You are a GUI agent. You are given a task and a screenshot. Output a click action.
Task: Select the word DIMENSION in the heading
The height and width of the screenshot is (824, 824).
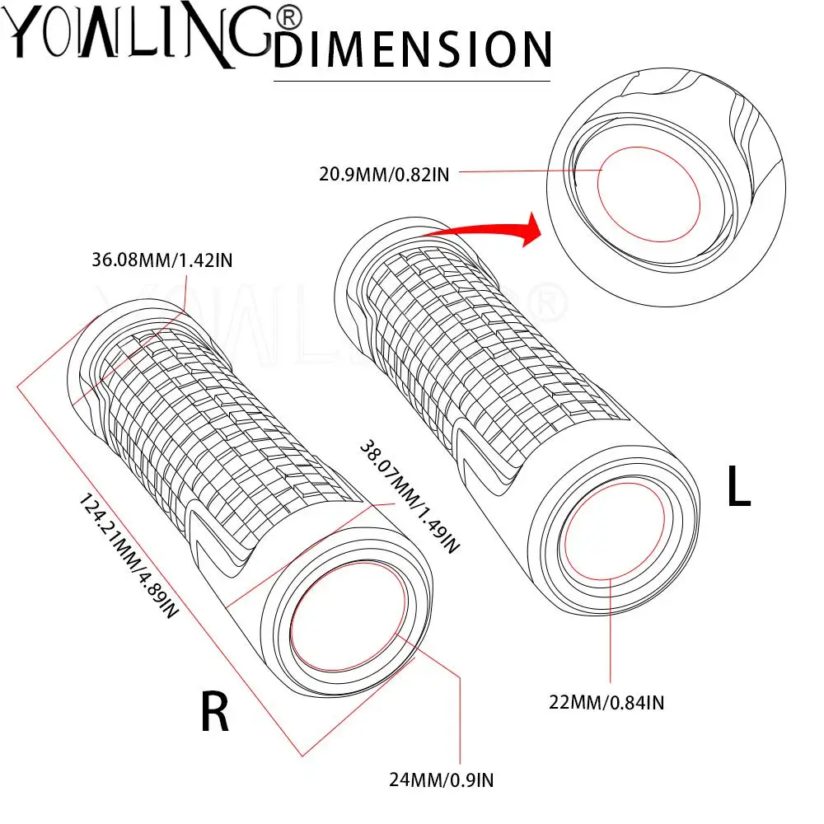coord(412,48)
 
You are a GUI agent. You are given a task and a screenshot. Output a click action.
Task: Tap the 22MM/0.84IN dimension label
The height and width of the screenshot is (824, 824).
coord(607,703)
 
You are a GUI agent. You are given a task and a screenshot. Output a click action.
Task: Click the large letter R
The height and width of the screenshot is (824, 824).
coord(215,712)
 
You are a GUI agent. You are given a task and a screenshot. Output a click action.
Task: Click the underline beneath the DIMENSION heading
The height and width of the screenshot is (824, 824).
coord(411,81)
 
